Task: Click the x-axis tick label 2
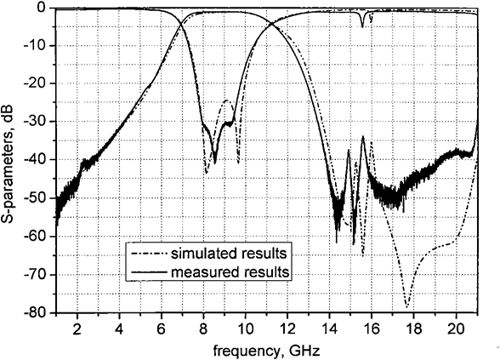[77, 329]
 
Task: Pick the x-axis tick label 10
[245, 329]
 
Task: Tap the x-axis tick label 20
[456, 329]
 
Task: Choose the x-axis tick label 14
[330, 329]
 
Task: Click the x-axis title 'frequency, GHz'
[266, 351]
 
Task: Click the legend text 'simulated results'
[229, 254]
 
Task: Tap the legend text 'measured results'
[230, 272]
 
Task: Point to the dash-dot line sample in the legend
[150, 254]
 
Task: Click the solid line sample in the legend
[150, 272]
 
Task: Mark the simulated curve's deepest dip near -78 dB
[406, 306]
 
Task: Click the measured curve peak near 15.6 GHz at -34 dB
[363, 136]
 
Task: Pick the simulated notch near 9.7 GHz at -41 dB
[238, 163]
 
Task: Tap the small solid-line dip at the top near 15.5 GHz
[362, 27]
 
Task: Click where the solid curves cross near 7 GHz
[181, 23]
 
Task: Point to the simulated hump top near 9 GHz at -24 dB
[227, 100]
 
